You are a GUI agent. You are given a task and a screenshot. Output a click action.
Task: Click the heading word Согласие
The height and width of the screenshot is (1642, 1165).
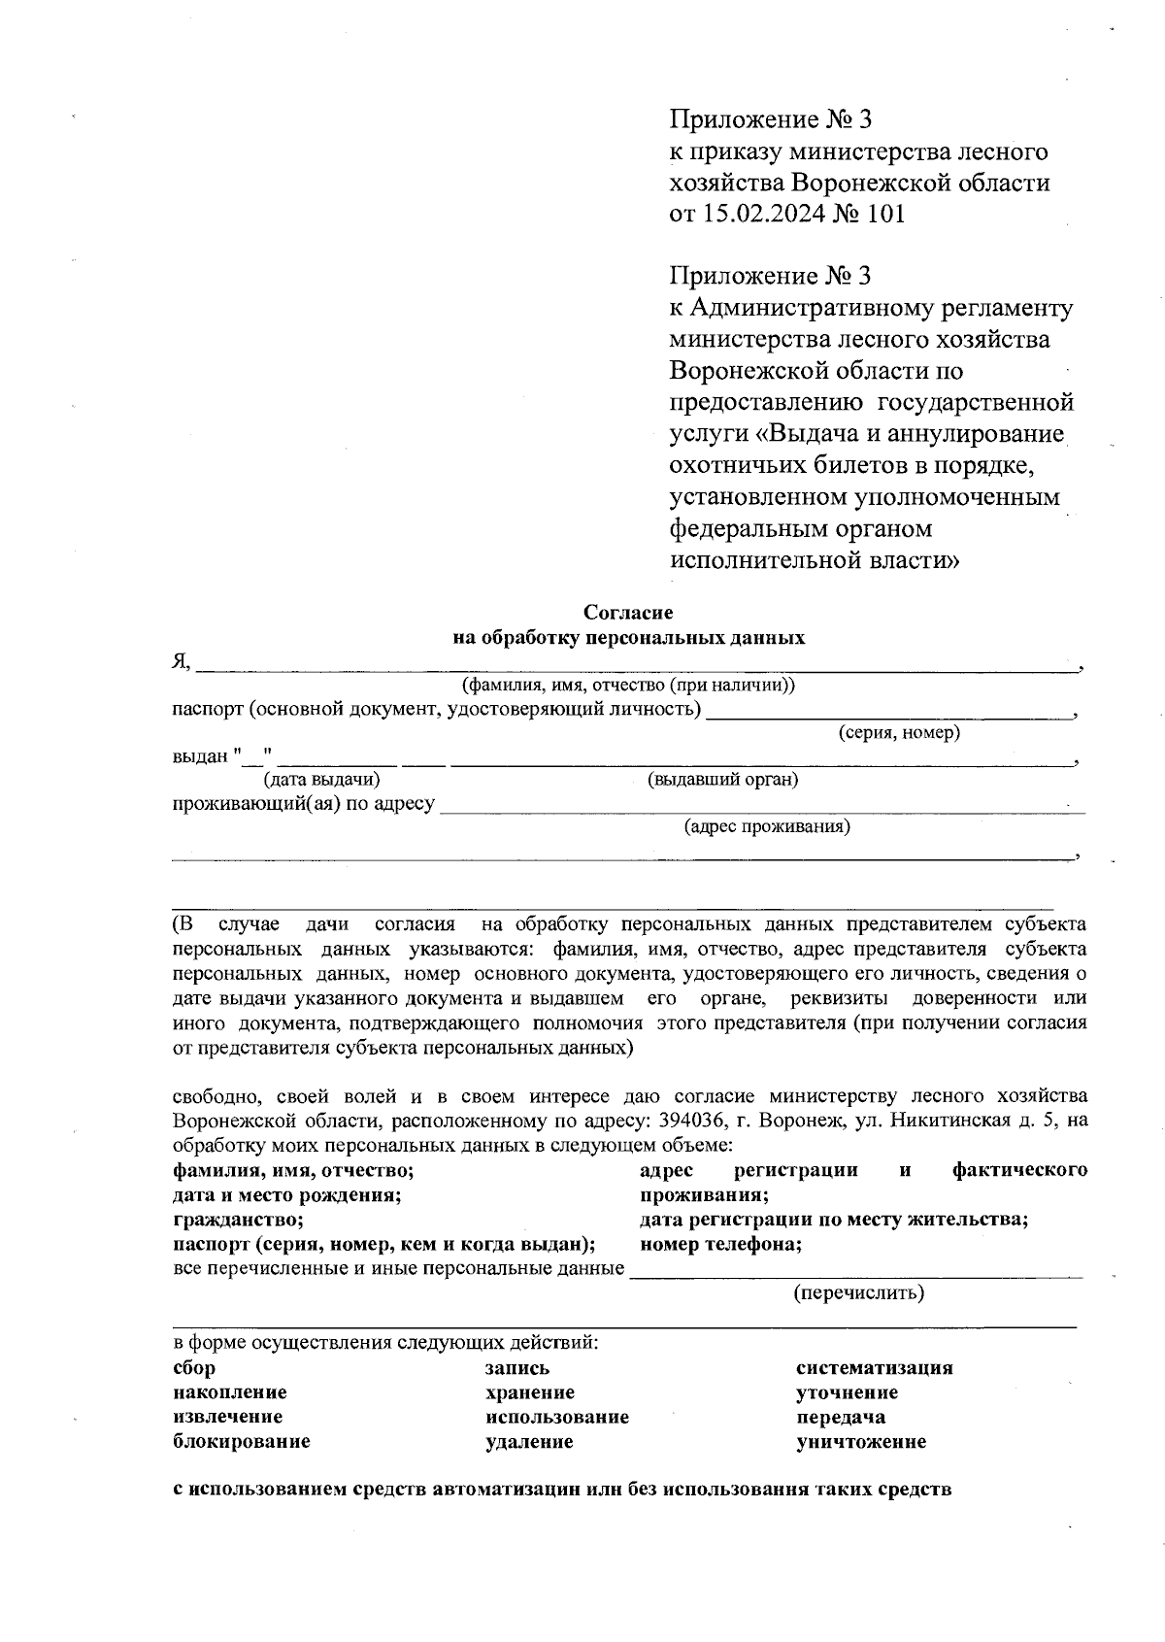point(627,613)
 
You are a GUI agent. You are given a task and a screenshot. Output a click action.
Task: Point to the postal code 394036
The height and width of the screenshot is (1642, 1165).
point(690,1120)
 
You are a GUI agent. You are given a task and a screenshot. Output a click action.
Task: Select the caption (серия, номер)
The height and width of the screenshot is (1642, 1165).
point(899,733)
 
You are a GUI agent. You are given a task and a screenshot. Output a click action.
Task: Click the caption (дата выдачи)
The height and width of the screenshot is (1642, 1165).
point(321,779)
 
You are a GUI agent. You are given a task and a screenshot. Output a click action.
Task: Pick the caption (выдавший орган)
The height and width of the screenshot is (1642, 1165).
point(722,779)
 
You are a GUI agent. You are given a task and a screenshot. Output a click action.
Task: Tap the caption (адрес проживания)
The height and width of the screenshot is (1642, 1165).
point(767,826)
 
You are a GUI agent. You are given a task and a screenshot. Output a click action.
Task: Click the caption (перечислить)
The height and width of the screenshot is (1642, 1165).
point(858,1292)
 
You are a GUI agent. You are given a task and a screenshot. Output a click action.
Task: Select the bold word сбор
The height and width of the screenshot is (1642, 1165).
point(194,1368)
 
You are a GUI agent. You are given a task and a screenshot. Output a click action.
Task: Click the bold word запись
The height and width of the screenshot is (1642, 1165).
point(517,1368)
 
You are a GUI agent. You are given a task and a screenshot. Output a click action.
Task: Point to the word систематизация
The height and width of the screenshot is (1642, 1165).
point(874,1368)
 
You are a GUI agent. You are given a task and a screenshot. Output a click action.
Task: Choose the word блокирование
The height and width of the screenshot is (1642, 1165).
point(241,1441)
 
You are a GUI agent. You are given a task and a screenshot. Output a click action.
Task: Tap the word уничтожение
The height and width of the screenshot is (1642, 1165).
point(860,1441)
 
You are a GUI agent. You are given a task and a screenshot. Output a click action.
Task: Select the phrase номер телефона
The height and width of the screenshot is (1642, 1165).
point(720,1244)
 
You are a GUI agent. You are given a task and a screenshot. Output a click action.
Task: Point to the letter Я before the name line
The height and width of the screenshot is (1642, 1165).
point(179,662)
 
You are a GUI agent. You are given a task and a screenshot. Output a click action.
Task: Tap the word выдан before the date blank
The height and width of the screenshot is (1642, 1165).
point(199,755)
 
